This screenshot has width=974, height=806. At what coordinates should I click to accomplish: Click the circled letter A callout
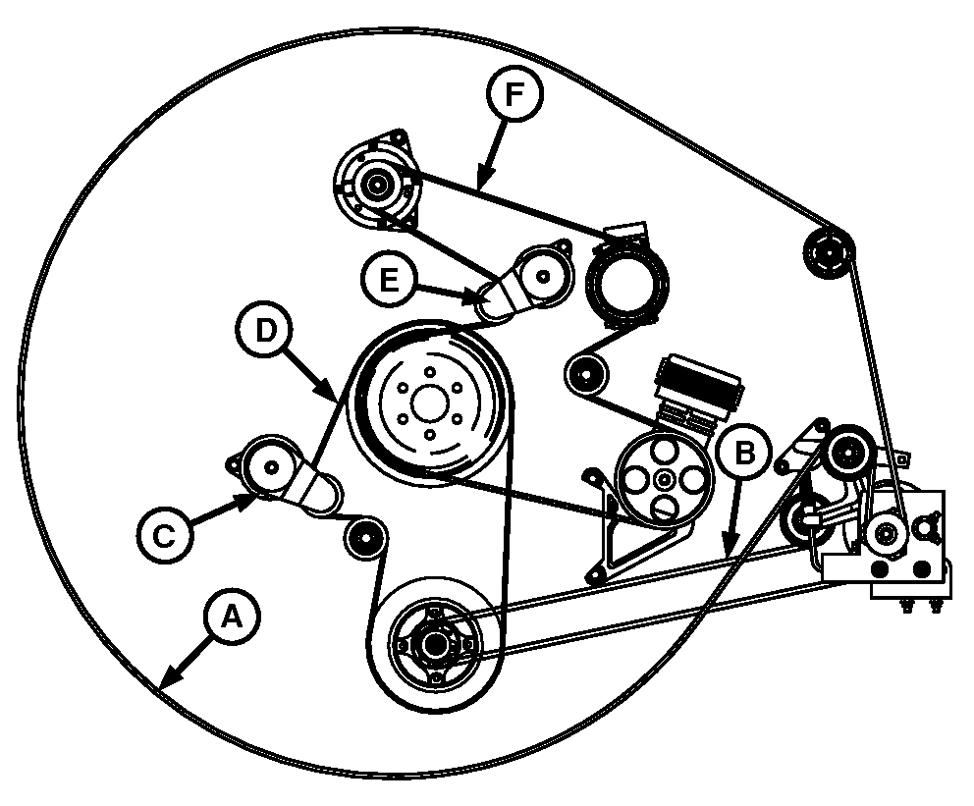tap(232, 618)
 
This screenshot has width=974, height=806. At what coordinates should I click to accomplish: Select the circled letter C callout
tap(165, 535)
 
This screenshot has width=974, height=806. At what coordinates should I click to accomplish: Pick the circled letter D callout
tap(265, 330)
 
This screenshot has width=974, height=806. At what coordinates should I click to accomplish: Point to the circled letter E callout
tap(389, 280)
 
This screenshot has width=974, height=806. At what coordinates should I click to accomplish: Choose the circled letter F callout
tap(514, 94)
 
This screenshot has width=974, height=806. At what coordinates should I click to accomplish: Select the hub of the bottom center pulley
tap(434, 644)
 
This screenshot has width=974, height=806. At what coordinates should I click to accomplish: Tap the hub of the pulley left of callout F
tap(376, 184)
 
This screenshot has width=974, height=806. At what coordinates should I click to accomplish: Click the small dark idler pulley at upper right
tap(829, 252)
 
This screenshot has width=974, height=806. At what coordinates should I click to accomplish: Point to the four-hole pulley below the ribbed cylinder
tap(665, 479)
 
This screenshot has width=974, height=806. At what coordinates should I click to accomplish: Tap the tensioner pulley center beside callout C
tap(270, 467)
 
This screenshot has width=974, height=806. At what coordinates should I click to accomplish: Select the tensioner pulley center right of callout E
tap(544, 276)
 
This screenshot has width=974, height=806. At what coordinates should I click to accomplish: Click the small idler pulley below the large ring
tap(585, 374)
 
